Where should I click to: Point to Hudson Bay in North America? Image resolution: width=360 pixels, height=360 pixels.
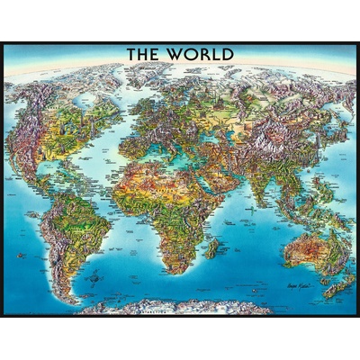(x=76, y=103)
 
